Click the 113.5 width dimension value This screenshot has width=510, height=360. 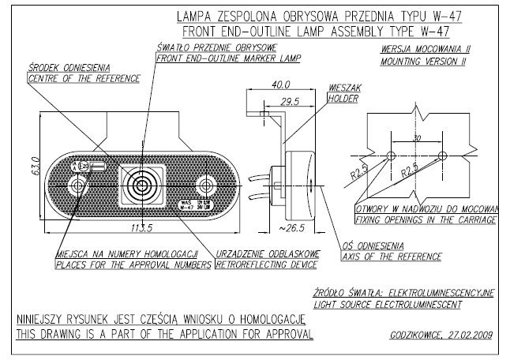[x=144, y=230]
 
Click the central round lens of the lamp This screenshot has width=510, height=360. [x=143, y=186]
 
